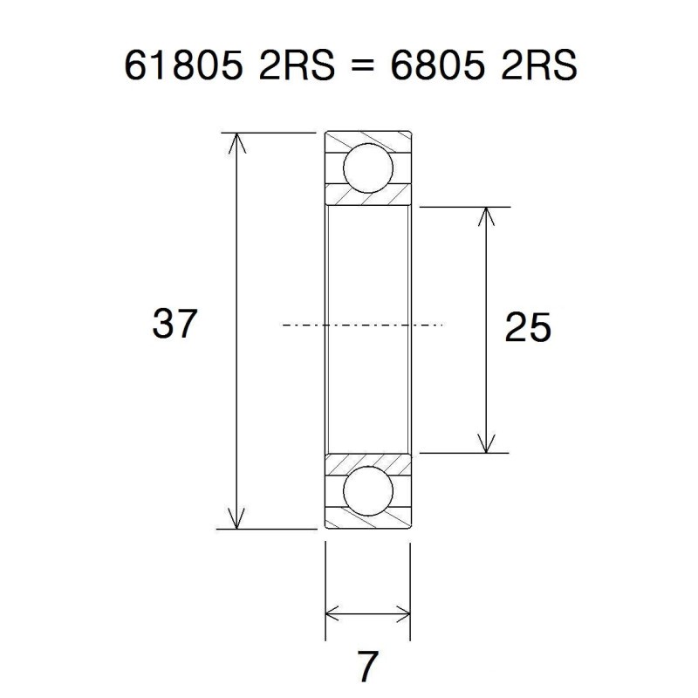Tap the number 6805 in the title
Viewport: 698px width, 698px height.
[442, 68]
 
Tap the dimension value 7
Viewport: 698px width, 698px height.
[367, 667]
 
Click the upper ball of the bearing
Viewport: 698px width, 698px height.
[367, 168]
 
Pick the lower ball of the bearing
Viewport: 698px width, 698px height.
[367, 491]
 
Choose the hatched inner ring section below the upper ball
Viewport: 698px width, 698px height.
[367, 197]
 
